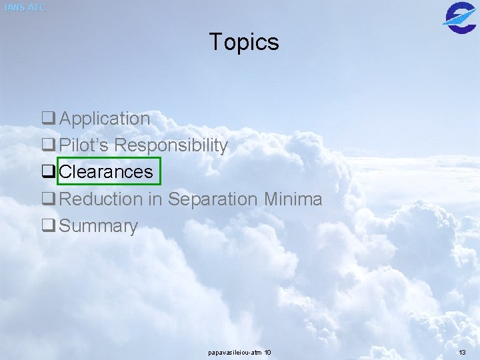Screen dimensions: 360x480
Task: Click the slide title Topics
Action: coord(244,42)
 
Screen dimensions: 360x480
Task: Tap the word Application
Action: coord(105,119)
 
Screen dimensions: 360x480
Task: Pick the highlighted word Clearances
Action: coord(106,172)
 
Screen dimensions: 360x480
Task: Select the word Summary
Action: coord(98,226)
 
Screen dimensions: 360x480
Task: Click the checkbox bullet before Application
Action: coord(48,119)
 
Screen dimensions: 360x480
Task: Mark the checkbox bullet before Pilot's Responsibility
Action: coord(48,145)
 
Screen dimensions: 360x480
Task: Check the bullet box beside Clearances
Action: coord(48,172)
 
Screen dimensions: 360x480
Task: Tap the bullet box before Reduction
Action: coord(48,199)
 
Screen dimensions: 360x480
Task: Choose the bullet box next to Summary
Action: coord(48,226)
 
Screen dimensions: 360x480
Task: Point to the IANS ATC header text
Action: coord(25,7)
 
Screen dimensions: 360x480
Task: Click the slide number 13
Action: coord(462,352)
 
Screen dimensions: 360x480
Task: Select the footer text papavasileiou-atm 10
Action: coord(240,352)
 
